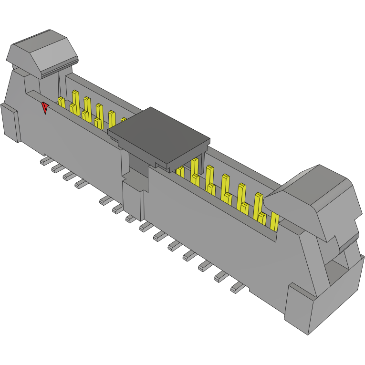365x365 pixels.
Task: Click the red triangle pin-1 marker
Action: coord(45,108)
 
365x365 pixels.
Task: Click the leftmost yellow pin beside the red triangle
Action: coord(61,102)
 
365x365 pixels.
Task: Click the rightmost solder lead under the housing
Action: coord(237,287)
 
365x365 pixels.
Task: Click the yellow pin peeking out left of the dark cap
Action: coord(123,120)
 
